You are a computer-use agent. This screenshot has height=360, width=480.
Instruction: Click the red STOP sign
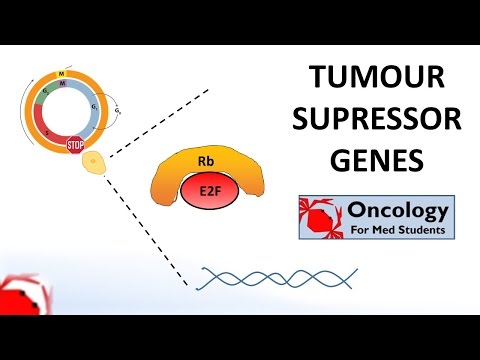[x=76, y=145]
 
